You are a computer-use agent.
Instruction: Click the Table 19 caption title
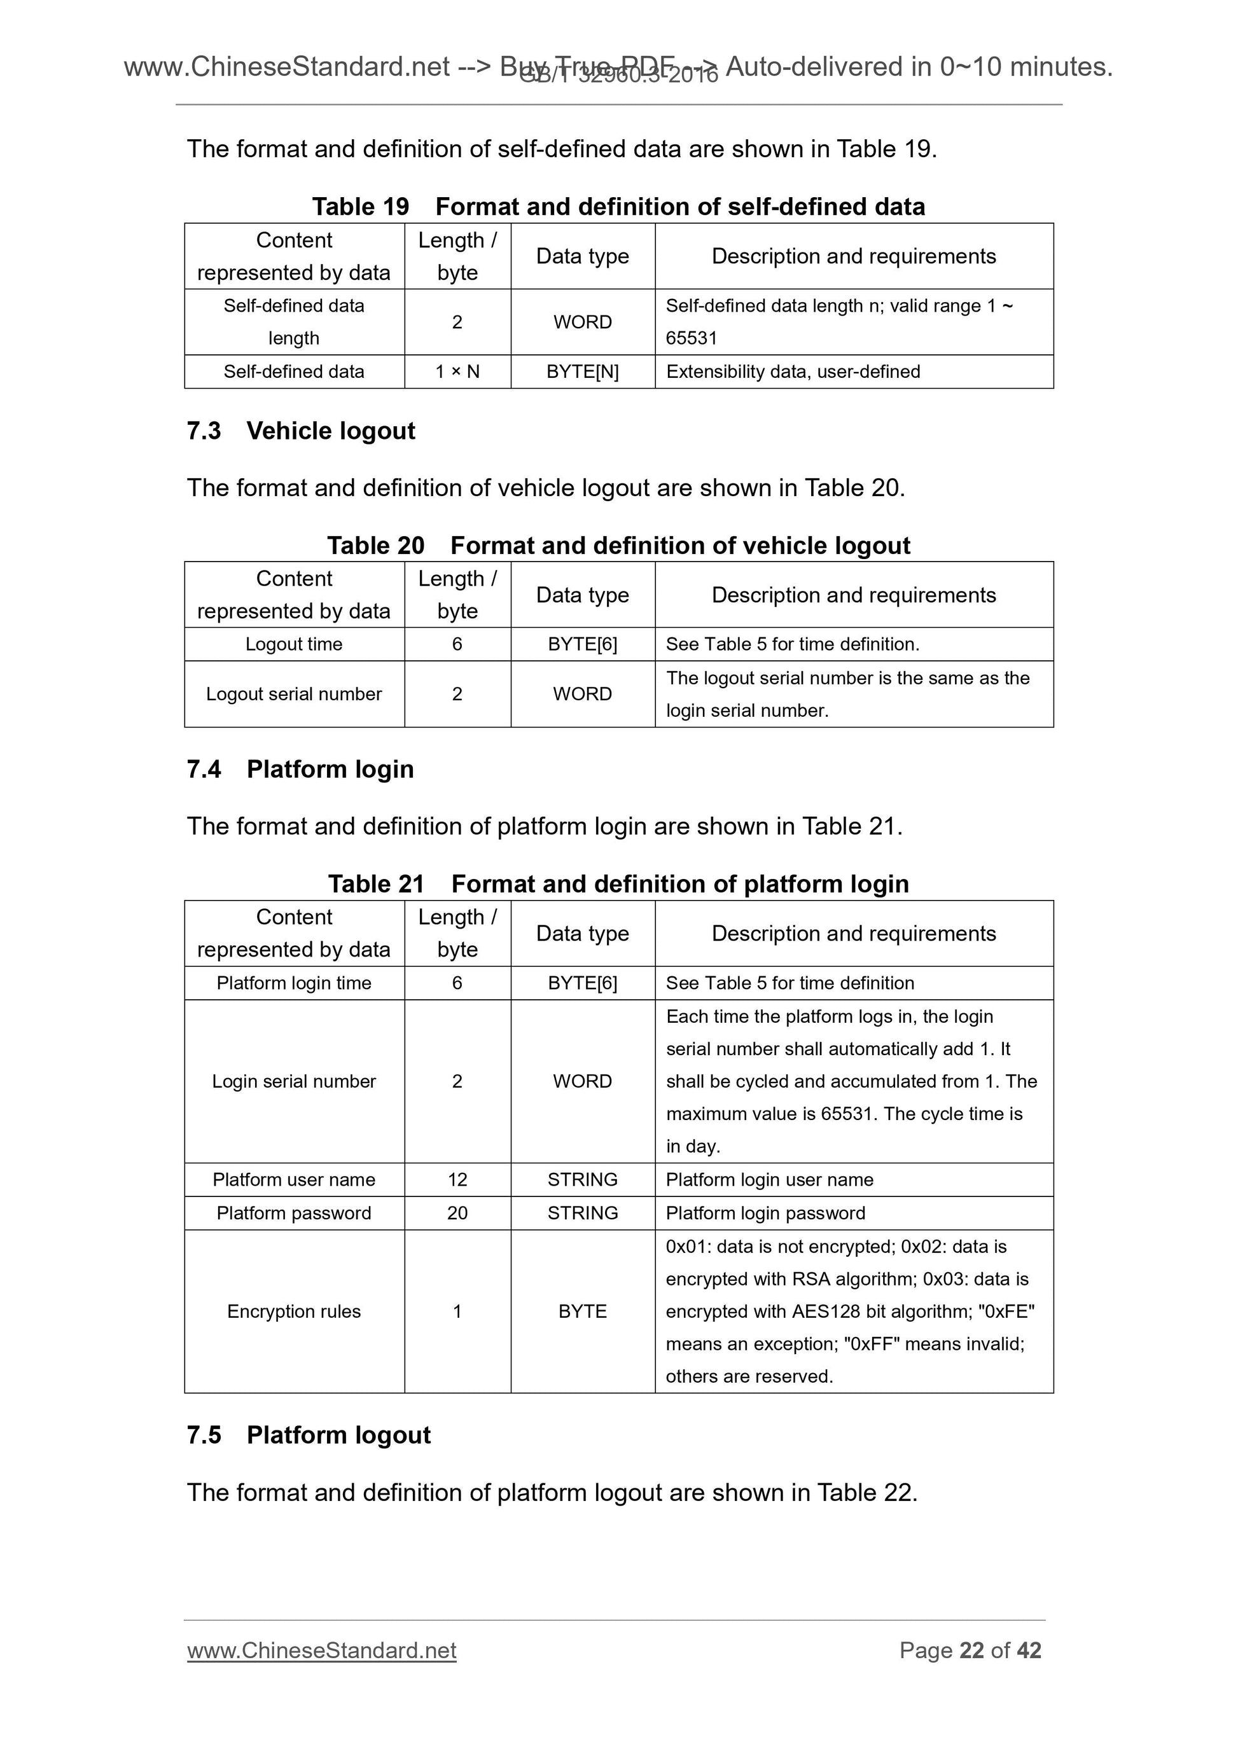[x=618, y=207]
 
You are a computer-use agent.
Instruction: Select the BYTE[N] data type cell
[x=582, y=372]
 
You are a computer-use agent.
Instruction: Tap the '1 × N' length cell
[x=457, y=372]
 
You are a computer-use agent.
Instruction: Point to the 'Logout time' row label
[x=294, y=644]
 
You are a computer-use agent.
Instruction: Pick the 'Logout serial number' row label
[x=294, y=694]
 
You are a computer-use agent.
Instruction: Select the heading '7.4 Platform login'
[x=300, y=770]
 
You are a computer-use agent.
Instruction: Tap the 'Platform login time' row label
[x=294, y=983]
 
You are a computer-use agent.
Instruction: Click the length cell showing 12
[x=457, y=1180]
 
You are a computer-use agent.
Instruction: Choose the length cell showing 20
[x=457, y=1214]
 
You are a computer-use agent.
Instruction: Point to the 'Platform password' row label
[x=294, y=1214]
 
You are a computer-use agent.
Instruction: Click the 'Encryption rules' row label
[x=294, y=1312]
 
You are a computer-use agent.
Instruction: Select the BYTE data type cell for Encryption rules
[x=582, y=1312]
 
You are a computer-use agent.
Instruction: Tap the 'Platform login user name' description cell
[x=769, y=1180]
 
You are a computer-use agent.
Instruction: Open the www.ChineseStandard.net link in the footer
[x=321, y=1651]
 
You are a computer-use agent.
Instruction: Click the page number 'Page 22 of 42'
[x=970, y=1651]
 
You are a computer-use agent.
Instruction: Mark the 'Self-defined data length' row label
[x=294, y=322]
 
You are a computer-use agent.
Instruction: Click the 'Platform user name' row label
[x=294, y=1180]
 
